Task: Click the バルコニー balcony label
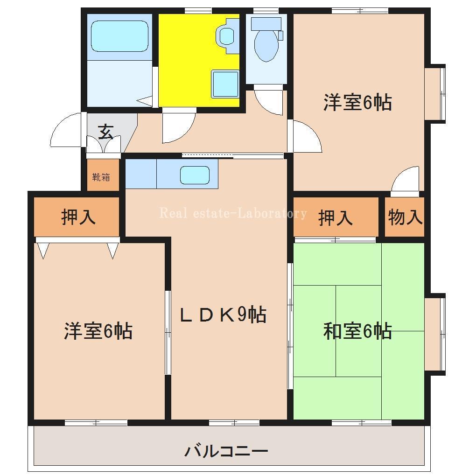(x=226, y=451)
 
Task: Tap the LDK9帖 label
(x=223, y=315)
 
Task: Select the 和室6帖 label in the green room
(x=357, y=331)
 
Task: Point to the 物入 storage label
(x=405, y=217)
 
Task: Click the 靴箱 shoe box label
(x=101, y=177)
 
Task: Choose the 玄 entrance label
(x=106, y=133)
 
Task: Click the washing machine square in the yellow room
(x=225, y=84)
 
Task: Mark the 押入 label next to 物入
(x=335, y=217)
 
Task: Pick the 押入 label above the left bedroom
(x=78, y=217)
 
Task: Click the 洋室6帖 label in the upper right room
(x=357, y=103)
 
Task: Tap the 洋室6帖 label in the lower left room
(x=98, y=331)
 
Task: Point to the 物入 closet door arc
(x=405, y=180)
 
